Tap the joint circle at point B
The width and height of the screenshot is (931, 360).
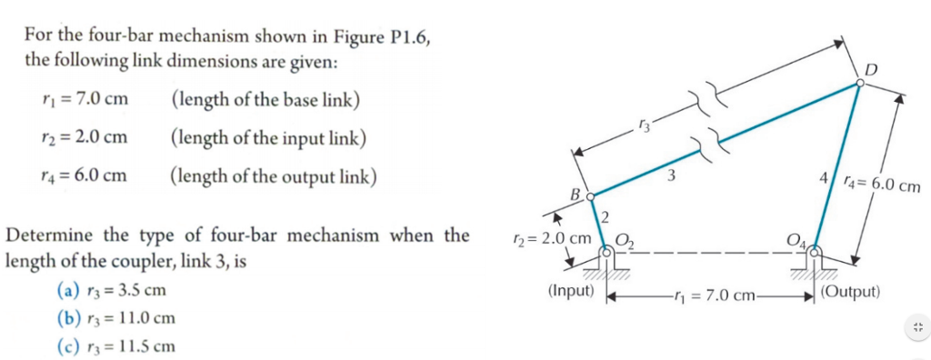[589, 195]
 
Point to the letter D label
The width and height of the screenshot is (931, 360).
[872, 69]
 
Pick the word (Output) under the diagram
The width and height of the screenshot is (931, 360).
[850, 292]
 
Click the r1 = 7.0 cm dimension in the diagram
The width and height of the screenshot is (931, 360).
[712, 295]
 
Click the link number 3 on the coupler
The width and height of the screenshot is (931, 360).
[670, 176]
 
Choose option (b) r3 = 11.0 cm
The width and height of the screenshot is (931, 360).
[115, 318]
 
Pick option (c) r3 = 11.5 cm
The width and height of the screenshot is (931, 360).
[115, 345]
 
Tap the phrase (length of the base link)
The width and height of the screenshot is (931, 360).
[265, 99]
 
